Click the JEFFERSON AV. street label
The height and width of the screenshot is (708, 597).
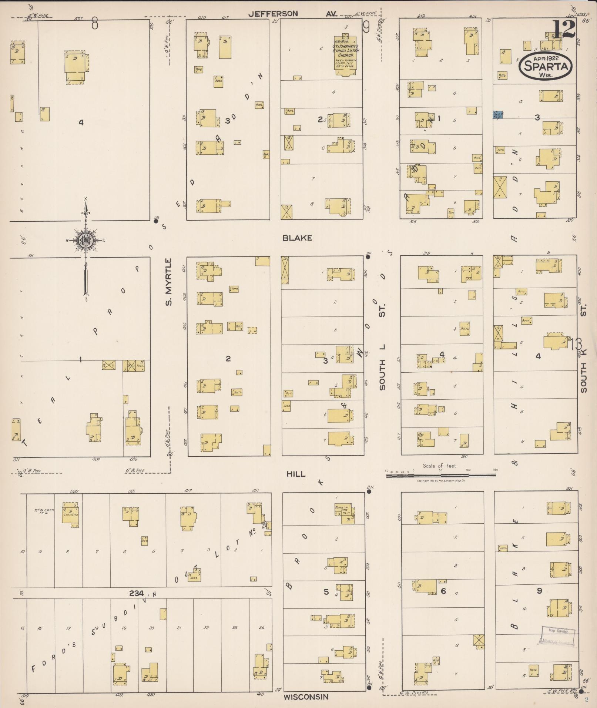coord(292,14)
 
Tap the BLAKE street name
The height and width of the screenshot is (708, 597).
coord(297,238)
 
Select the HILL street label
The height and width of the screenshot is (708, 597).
coord(296,474)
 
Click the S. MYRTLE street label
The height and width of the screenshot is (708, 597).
coord(169,282)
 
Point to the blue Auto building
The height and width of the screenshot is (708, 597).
coord(498,115)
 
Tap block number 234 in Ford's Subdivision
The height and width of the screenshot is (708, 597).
coord(136,593)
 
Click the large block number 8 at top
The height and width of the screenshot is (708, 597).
coord(95,24)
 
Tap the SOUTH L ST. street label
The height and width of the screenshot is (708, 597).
coord(382,366)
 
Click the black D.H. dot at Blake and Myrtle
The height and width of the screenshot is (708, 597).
coord(156,221)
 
